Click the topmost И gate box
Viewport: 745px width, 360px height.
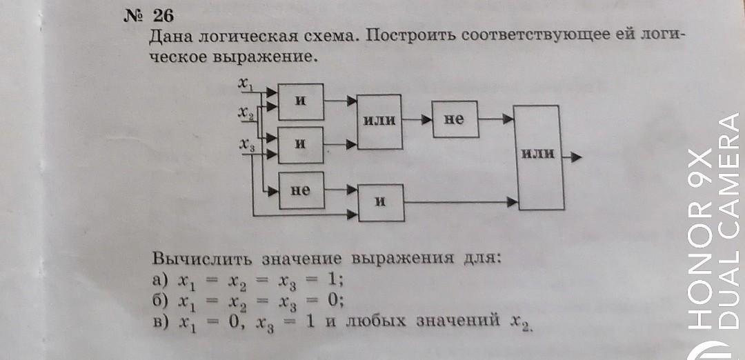[300, 101]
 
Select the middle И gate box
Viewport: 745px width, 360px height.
[300, 143]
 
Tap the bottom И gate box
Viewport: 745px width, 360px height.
[379, 202]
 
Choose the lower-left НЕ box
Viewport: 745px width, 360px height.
[300, 190]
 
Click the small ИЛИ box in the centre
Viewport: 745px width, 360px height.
[379, 121]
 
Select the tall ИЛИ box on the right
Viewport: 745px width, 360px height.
[538, 157]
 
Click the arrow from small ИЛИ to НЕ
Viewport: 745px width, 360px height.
[417, 119]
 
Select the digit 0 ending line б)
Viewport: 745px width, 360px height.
[336, 300]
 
